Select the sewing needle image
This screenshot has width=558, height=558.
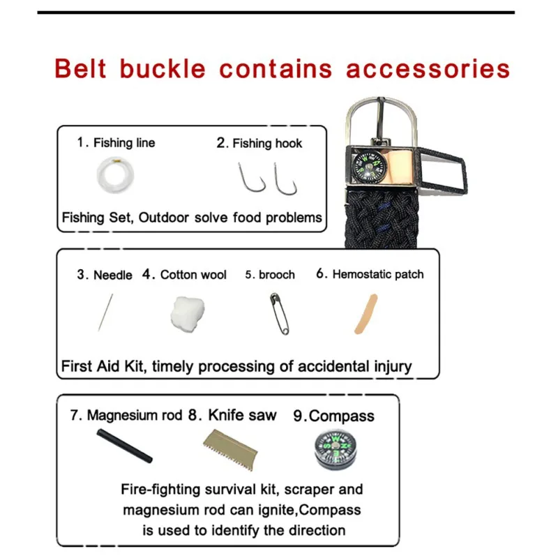coord(106,312)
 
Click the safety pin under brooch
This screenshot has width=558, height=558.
coord(280,313)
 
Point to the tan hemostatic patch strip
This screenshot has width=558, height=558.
coord(365,315)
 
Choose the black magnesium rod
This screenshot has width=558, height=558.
coord(125,445)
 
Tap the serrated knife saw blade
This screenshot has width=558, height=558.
coord(231,449)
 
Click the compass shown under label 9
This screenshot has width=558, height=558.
coord(335,449)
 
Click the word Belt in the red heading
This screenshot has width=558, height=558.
coord(80,68)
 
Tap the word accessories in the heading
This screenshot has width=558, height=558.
coord(428,69)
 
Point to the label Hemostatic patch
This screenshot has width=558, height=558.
coord(378,274)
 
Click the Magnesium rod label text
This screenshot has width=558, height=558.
coord(135,415)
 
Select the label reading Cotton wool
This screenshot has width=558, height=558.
coord(193,275)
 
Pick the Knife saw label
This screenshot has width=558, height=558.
coord(242,415)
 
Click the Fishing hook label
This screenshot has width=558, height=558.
coord(267,143)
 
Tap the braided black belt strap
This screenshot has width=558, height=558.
coord(381,220)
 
